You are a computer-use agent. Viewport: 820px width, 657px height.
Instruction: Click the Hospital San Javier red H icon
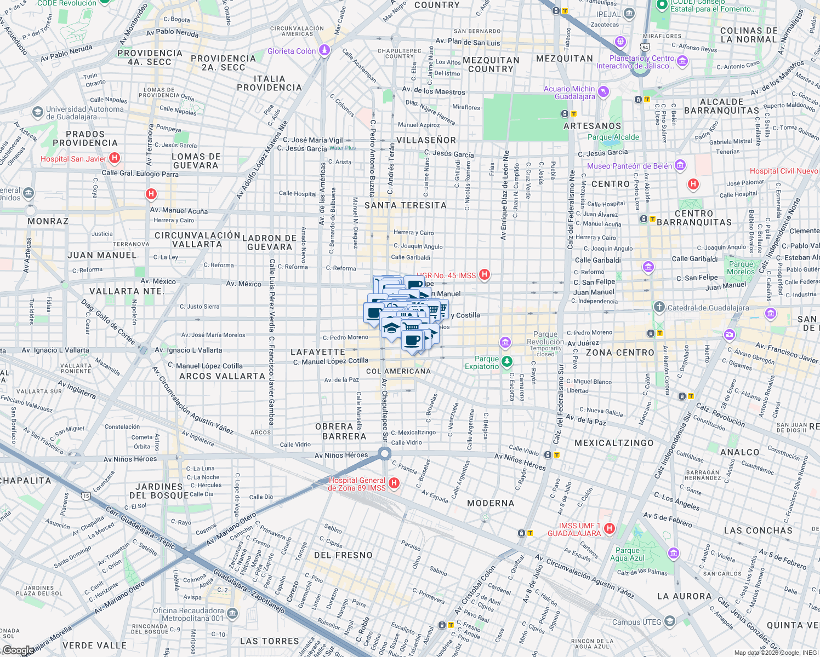[115, 158]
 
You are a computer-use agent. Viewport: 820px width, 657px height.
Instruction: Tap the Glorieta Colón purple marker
[324, 50]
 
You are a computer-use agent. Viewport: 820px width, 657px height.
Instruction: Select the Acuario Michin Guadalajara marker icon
[603, 91]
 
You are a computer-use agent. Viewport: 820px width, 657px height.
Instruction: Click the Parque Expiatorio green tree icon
[508, 361]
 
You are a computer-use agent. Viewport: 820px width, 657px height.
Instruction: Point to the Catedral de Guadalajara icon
[659, 307]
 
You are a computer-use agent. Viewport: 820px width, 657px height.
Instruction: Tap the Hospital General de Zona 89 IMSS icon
[394, 483]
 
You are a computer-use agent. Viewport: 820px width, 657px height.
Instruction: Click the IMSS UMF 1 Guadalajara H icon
[609, 528]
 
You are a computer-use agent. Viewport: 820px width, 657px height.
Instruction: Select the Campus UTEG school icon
[670, 621]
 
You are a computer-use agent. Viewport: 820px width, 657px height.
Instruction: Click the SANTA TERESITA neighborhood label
[406, 205]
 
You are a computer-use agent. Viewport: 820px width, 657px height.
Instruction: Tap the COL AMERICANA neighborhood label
[398, 371]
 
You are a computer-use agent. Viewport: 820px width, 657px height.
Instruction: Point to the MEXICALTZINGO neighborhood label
[614, 443]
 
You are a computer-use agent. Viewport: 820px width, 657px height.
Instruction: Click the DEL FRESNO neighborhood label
[343, 555]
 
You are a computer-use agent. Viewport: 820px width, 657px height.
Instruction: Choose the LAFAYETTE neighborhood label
[318, 352]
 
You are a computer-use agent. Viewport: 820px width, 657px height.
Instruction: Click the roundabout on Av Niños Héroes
[385, 453]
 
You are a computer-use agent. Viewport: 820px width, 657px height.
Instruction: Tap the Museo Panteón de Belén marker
[680, 165]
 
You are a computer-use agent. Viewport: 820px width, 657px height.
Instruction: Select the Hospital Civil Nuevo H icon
[693, 184]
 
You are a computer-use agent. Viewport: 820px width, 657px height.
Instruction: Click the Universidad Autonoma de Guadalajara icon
[37, 112]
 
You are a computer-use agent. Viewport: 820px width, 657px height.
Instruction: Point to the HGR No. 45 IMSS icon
[484, 274]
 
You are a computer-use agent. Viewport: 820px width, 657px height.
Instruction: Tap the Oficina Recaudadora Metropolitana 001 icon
[232, 613]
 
